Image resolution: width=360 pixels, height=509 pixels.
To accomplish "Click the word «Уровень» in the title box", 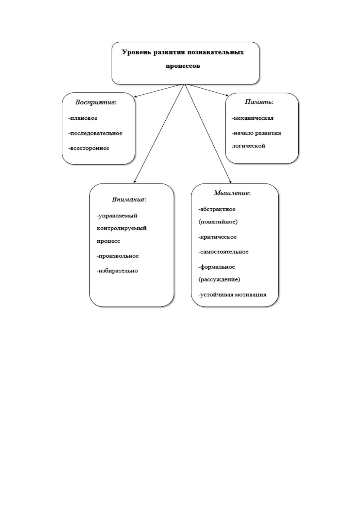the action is [137, 53].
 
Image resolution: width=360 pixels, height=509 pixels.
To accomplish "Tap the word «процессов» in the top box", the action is [183, 66].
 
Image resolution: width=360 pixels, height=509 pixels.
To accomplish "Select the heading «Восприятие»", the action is [95, 102].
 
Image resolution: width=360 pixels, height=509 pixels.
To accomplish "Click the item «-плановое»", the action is [83, 118].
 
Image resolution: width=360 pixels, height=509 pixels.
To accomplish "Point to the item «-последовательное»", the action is [95, 133].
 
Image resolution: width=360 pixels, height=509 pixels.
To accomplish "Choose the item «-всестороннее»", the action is [89, 148].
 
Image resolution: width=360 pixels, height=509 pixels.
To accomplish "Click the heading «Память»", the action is [258, 102].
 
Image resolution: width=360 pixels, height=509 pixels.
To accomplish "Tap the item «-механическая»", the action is [252, 118].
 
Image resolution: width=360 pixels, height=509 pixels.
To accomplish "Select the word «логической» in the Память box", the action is [248, 146].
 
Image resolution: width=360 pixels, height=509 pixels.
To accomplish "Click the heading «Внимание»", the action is [128, 199].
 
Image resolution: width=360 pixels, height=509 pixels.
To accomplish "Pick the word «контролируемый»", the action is [122, 228].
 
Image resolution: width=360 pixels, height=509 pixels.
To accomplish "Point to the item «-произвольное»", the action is [118, 256].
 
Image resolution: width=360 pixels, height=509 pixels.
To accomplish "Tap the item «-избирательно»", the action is [117, 271].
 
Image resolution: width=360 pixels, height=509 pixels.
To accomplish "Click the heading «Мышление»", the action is [231, 193].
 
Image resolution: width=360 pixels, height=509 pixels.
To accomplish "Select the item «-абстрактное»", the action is [217, 209].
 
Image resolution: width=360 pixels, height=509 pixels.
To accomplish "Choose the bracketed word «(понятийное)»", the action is [218, 222].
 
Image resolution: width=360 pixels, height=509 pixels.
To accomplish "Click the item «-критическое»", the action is [218, 237].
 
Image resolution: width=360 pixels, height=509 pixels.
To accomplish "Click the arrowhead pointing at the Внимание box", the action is [134, 181].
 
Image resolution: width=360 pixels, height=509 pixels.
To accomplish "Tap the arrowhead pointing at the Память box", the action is [227, 96].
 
